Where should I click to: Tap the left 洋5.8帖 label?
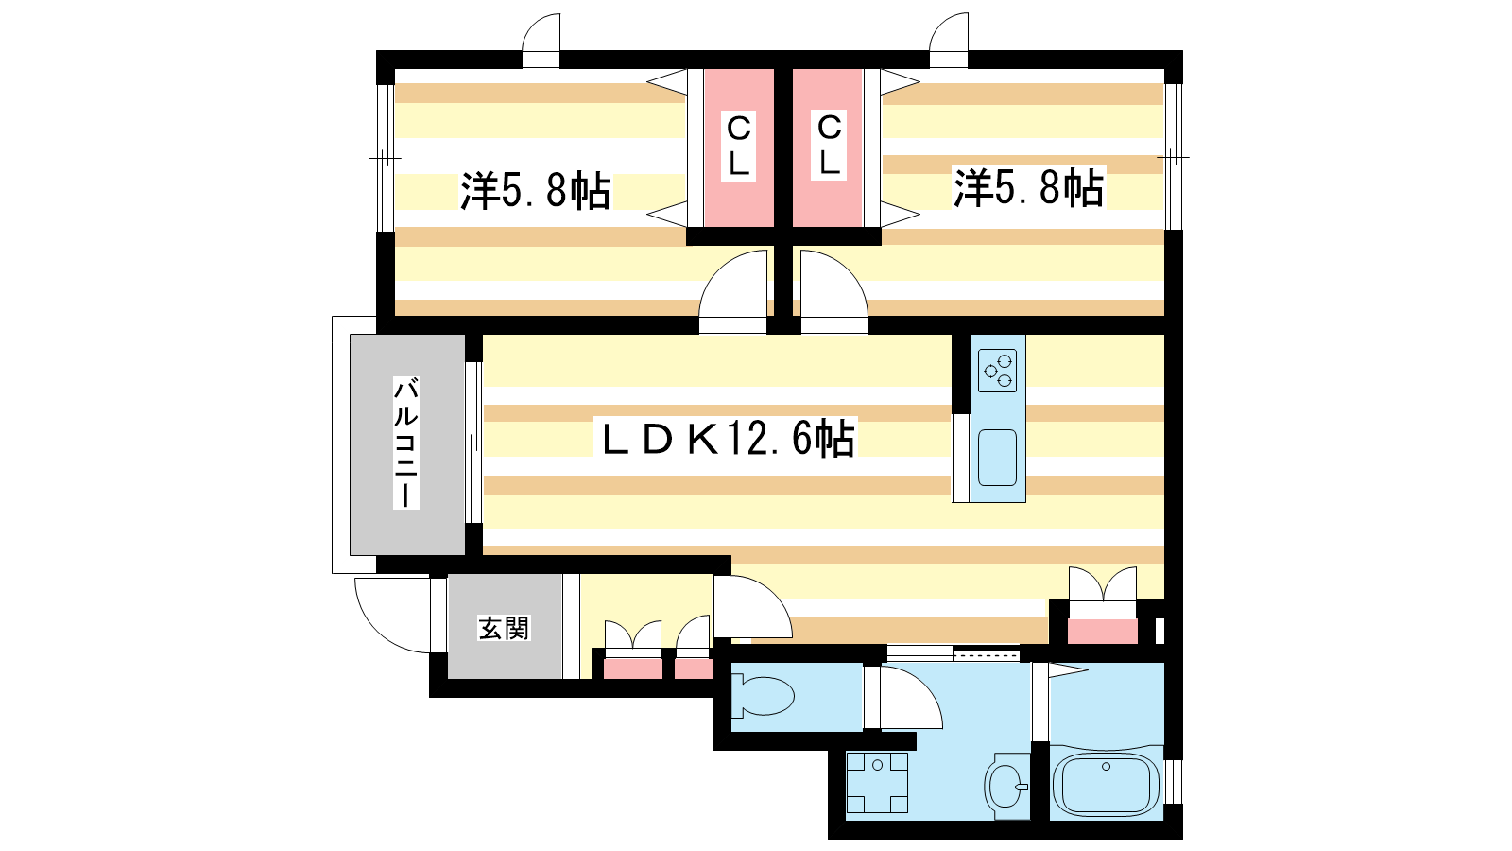pos(535,190)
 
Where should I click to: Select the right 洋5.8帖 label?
pos(1028,187)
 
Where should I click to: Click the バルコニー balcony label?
pos(406,443)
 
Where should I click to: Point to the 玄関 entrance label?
pos(505,628)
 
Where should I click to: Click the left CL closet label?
pos(738,147)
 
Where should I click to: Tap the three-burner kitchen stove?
pos(998,371)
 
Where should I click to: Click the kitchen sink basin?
pos(997,458)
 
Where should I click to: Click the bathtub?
pos(1106,785)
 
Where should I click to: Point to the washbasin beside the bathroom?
pos(1005,786)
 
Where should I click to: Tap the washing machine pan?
pos(878,783)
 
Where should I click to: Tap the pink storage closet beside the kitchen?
pos(1102,630)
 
